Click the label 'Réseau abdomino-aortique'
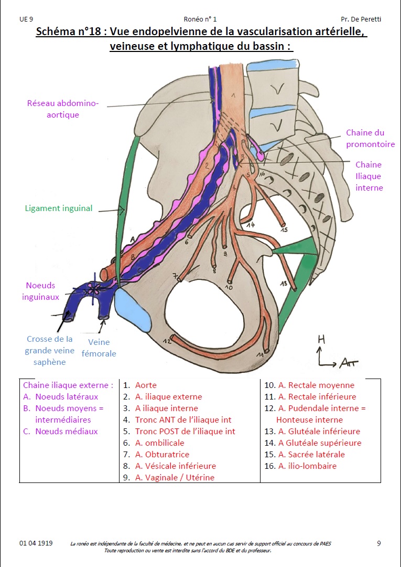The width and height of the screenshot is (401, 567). click(62, 109)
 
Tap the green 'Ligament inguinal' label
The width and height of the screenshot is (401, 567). click(59, 208)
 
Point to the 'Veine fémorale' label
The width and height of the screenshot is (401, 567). click(99, 348)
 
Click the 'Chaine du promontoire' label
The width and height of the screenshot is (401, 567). click(365, 139)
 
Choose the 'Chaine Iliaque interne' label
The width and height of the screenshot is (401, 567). click(369, 176)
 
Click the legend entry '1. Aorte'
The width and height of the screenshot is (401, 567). click(140, 385)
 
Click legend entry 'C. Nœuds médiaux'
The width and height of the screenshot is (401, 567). click(60, 432)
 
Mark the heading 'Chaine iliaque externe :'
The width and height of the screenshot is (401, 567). click(68, 385)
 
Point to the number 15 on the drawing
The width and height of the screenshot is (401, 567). click(284, 229)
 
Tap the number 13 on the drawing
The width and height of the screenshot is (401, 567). click(284, 284)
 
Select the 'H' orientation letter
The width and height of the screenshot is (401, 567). click(321, 340)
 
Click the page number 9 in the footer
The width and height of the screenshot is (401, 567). click(378, 543)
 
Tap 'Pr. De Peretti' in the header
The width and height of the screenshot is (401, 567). click(361, 19)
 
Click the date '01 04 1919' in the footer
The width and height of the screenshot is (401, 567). click(36, 543)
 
